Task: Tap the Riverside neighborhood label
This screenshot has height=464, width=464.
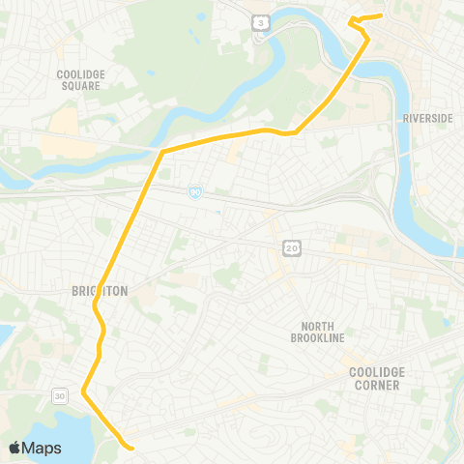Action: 427,118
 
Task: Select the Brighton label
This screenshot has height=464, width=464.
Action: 100,290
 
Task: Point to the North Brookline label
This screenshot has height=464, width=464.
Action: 317,332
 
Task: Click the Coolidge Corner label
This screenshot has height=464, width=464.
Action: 376,378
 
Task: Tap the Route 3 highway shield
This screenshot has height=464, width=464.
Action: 259,21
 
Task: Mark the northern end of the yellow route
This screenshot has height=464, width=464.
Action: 383,15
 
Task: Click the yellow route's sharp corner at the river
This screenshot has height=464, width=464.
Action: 161,151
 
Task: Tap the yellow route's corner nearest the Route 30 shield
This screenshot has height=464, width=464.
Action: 84,391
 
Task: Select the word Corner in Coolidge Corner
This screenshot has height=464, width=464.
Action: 376,385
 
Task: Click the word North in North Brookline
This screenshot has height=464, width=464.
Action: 317,326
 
